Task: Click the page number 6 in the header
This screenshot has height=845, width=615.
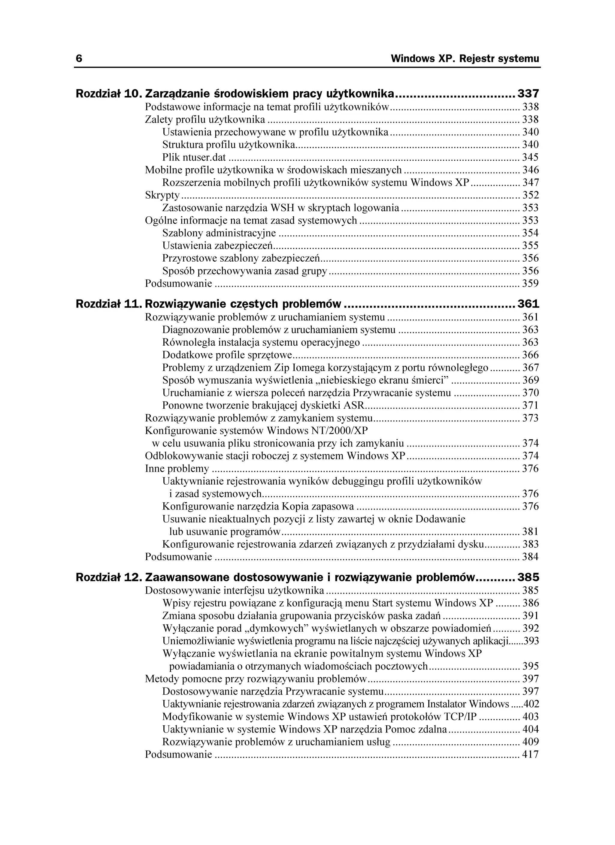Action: point(79,59)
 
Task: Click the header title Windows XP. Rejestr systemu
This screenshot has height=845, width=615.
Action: point(465,59)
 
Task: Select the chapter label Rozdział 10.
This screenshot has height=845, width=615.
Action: point(108,94)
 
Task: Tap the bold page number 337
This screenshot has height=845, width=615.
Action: point(528,94)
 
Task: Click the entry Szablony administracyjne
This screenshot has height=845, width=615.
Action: point(219,233)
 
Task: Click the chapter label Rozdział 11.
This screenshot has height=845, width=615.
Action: point(108,304)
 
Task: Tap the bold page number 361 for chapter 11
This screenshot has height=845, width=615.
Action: point(528,304)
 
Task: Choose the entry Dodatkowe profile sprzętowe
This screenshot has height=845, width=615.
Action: point(227,355)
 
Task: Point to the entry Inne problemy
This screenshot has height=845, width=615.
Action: point(177,468)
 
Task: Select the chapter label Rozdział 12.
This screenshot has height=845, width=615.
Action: point(108,578)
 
